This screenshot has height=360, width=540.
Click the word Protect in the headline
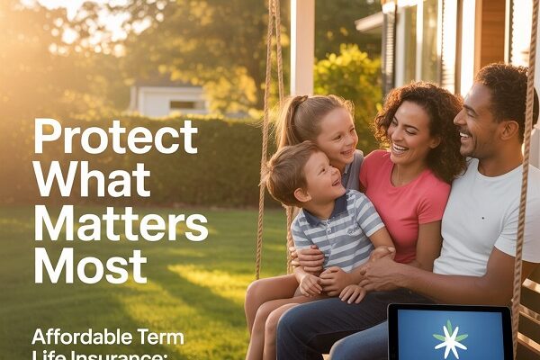pyautogui.click(x=115, y=138)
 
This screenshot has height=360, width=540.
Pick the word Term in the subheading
pyautogui.click(x=160, y=338)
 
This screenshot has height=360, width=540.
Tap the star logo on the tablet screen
pyautogui.click(x=449, y=338)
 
